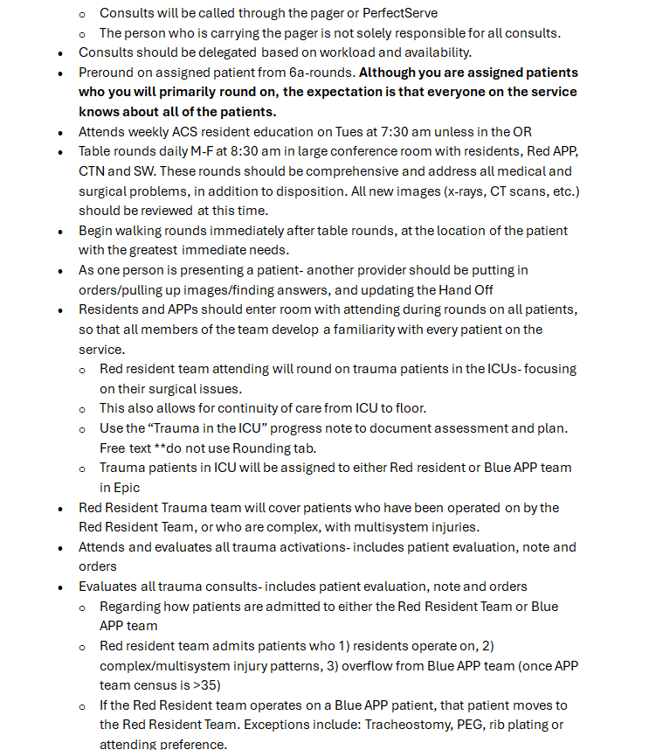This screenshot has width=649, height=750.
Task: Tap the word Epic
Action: click(126, 488)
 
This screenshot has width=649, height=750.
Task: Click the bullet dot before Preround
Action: click(60, 73)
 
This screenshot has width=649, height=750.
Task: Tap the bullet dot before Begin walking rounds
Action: click(60, 231)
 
